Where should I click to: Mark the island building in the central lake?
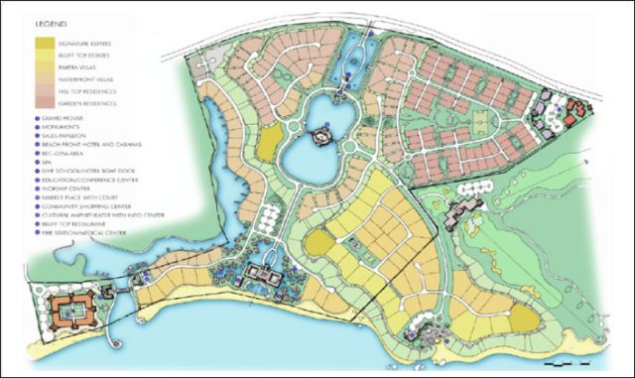[x=323, y=134]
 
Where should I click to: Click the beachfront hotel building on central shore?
[x=262, y=277]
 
